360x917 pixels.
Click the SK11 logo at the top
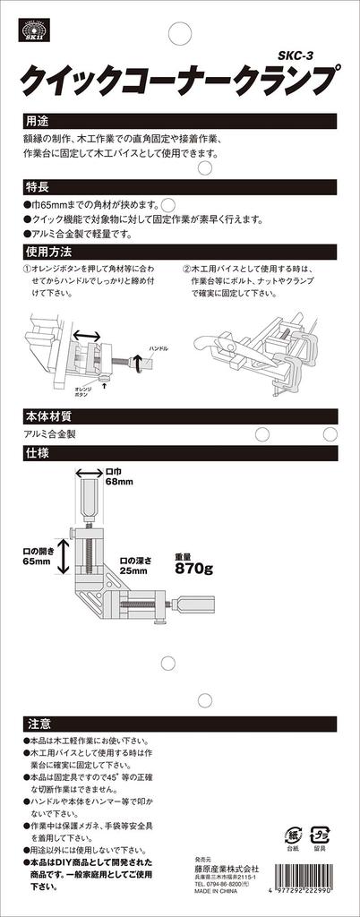tap(34, 30)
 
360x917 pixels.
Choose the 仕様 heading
tap(36, 454)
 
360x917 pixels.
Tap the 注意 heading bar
tap(36, 722)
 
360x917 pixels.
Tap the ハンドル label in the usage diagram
tap(156, 347)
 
